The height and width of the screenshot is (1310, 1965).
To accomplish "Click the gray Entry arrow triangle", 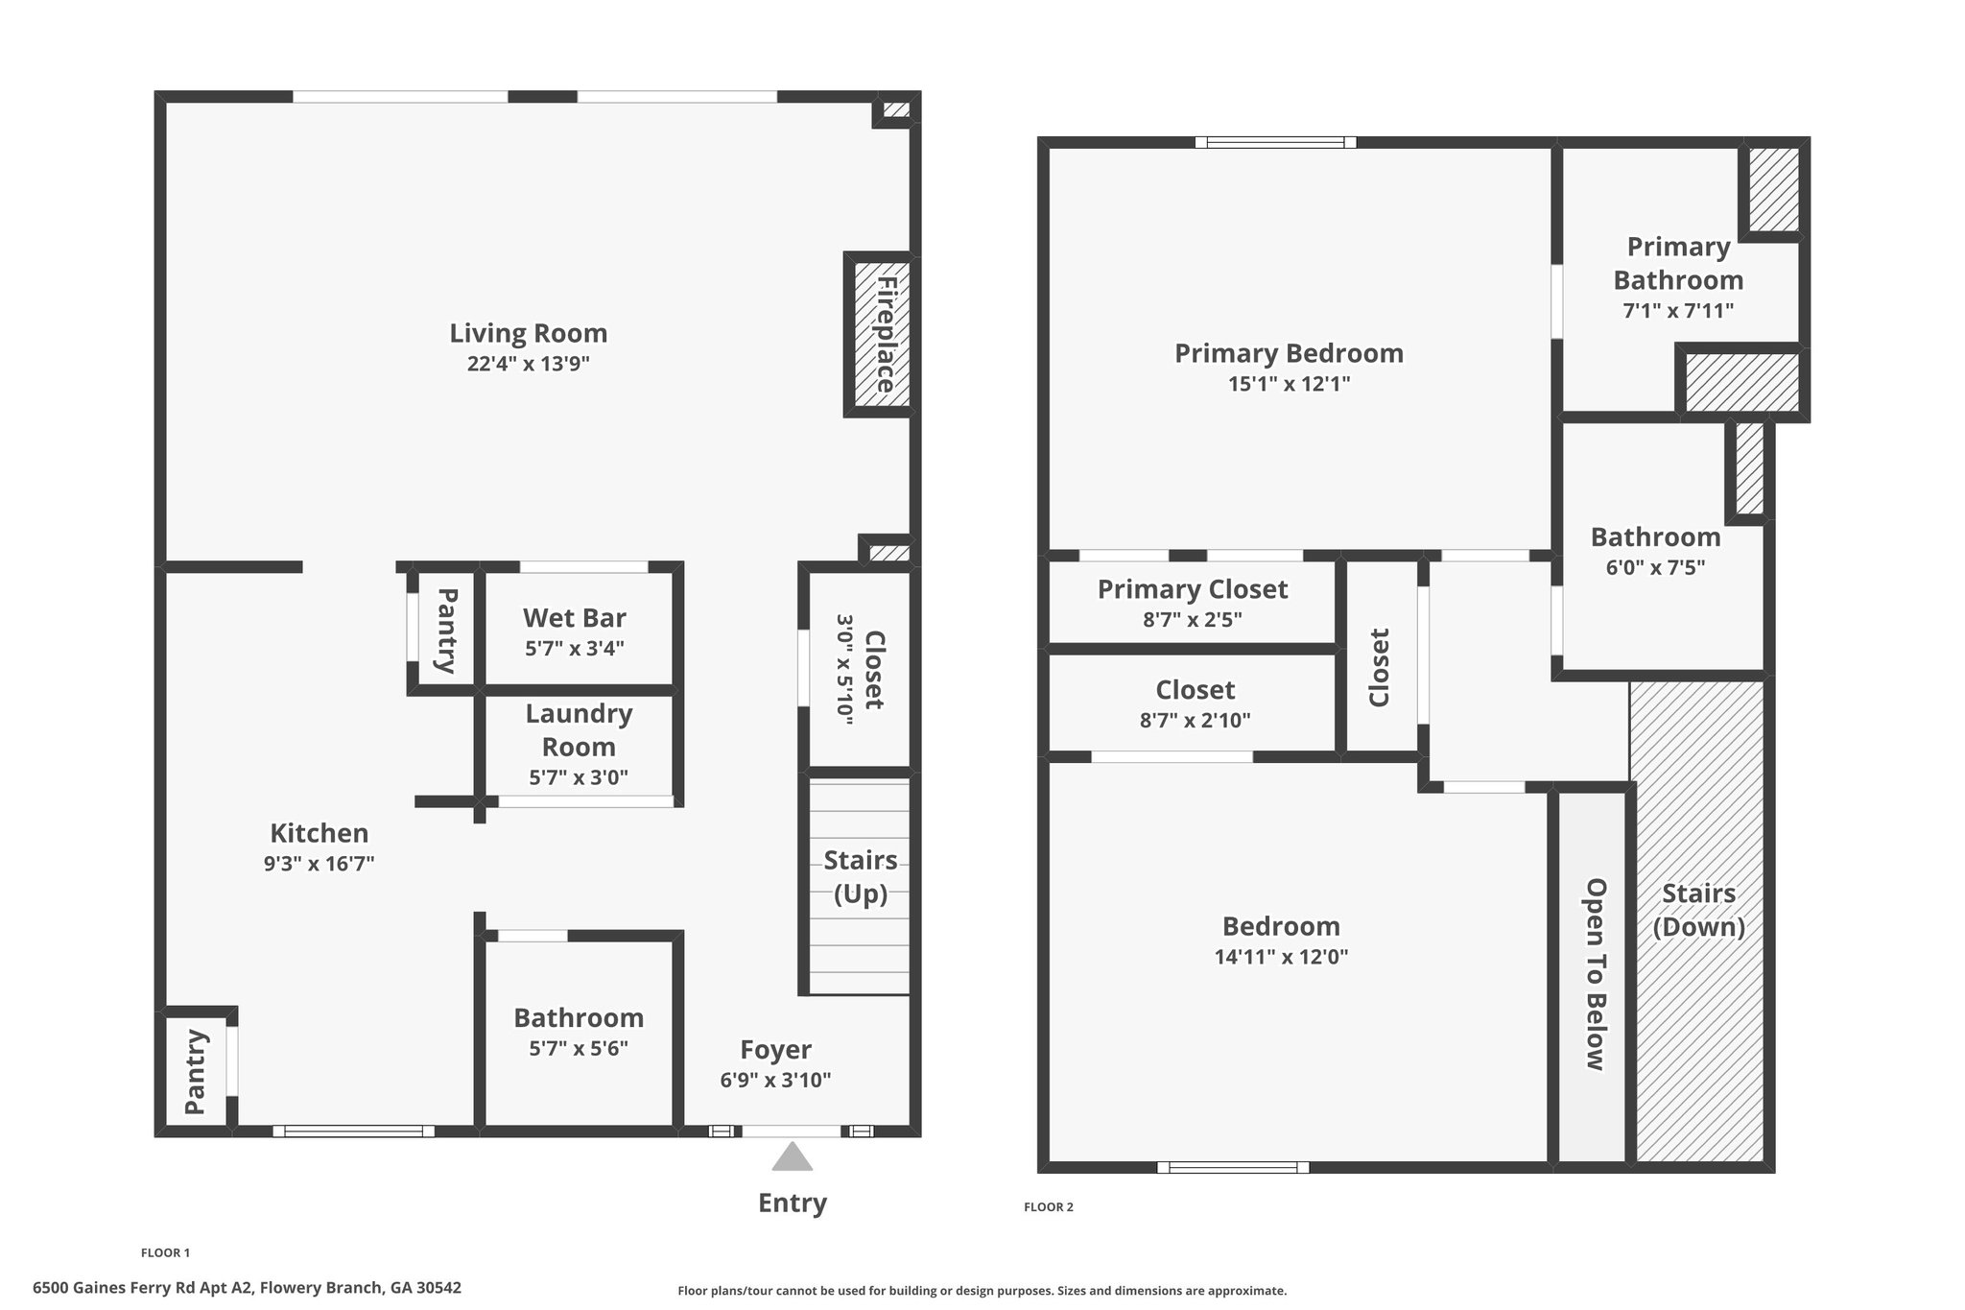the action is click(793, 1157).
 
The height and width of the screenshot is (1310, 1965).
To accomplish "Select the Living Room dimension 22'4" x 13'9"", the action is click(529, 364).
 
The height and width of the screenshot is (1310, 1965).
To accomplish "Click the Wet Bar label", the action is click(575, 617).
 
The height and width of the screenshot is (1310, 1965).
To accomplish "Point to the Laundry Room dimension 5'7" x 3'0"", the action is click(579, 777).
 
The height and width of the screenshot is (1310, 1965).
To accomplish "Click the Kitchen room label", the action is click(319, 832).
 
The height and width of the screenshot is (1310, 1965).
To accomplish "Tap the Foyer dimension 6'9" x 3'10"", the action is click(775, 1080).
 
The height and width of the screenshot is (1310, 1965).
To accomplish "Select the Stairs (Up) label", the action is click(861, 877).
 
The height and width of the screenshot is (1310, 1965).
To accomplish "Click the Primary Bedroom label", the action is click(1290, 353).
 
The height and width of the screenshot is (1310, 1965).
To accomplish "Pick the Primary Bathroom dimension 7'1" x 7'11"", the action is click(1678, 311).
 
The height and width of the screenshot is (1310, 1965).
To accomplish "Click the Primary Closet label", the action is click(1193, 588).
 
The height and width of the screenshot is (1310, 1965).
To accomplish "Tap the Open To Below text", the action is click(1595, 974).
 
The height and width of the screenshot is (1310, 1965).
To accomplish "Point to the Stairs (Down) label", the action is click(1699, 910).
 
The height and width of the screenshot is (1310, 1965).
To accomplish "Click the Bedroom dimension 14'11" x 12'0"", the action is click(1282, 957).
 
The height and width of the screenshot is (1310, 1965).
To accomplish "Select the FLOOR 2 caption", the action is click(1049, 1207).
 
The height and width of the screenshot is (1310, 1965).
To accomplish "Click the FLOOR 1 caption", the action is click(166, 1252).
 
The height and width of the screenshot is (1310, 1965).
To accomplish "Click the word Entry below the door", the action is click(793, 1203).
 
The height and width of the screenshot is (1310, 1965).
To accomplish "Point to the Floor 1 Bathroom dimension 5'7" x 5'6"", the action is click(579, 1048).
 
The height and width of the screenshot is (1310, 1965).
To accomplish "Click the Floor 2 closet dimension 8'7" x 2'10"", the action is click(1196, 720).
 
